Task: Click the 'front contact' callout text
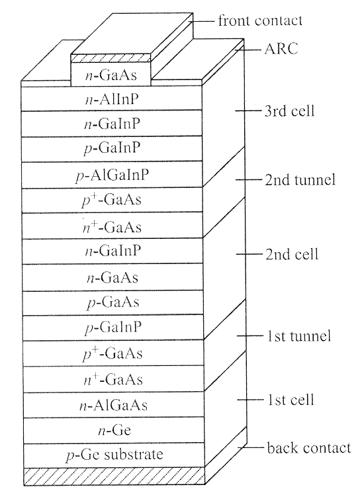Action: coord(260,21)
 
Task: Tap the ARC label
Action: coord(281,49)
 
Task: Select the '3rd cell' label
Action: coord(289,111)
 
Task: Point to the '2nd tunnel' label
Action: coord(300,180)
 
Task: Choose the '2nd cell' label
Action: coord(292,254)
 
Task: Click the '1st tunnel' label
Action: coord(298,336)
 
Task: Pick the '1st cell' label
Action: coord(291,400)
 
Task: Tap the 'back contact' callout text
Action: coord(309,448)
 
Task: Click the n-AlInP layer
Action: coord(112,98)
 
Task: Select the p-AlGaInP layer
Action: coord(112,175)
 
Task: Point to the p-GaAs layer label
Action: coord(113,302)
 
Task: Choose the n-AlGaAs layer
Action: coord(113,405)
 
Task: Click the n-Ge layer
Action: coord(114,430)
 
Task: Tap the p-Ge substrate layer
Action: coord(114,455)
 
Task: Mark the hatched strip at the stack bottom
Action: coord(114,476)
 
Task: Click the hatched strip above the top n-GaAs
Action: coord(111,58)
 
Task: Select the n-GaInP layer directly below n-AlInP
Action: coord(112,124)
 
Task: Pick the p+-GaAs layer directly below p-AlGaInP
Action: coord(112,201)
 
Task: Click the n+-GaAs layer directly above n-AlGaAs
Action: coord(113,379)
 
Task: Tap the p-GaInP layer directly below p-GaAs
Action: coord(112,328)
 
